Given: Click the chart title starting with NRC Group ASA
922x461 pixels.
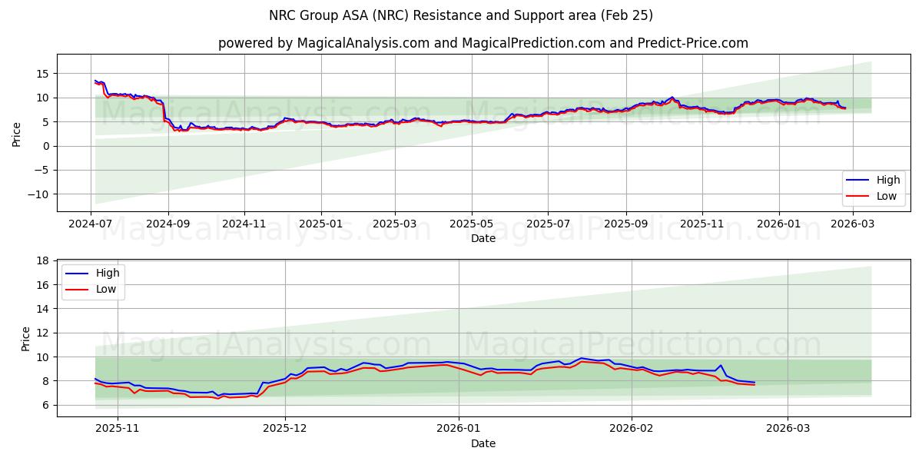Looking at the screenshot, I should (x=461, y=15).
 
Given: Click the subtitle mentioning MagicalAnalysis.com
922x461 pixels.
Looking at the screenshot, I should (x=483, y=43).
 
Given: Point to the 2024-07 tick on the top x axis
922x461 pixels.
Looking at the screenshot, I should (x=91, y=224).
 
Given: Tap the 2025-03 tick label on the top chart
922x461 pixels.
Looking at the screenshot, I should (x=395, y=224).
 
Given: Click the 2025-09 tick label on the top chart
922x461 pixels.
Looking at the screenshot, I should (x=625, y=224).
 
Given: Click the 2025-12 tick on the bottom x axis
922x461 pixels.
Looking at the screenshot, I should (x=285, y=429).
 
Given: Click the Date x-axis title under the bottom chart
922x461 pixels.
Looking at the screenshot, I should (x=483, y=443).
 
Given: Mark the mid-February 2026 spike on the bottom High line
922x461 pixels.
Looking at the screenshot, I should (x=720, y=365).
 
